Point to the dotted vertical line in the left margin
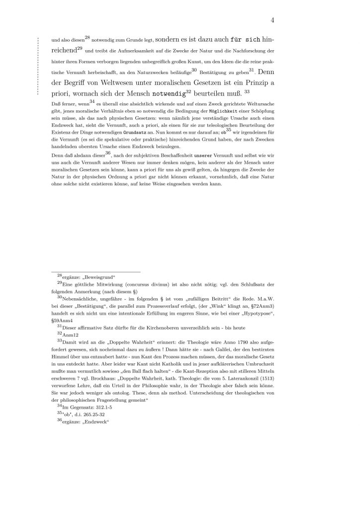click(x=38, y=65)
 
